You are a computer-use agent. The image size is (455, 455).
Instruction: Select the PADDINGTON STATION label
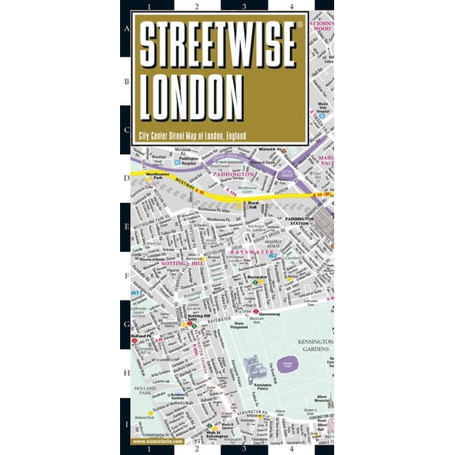299,220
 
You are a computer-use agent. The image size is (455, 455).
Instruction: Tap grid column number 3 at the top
244,6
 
